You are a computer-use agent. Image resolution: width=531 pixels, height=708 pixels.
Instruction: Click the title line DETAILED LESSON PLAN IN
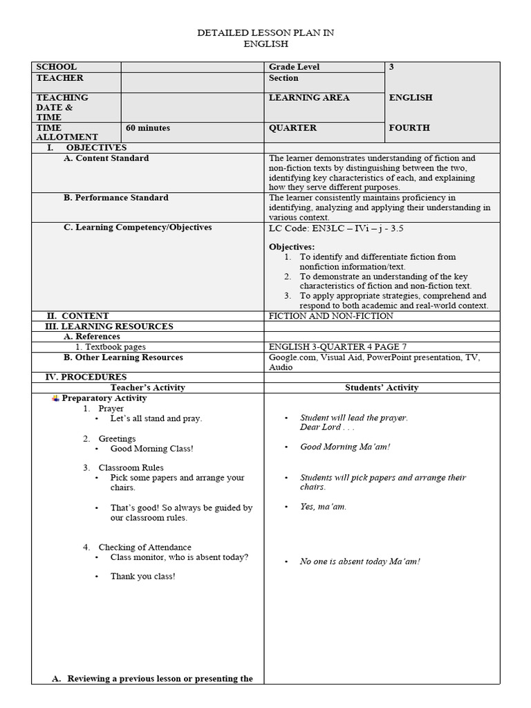click(265, 32)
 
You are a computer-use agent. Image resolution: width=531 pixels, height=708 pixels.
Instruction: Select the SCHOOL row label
click(57, 67)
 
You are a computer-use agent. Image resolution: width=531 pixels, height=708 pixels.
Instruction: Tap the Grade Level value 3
click(392, 67)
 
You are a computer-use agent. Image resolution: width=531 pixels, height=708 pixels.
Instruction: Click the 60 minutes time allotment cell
click(148, 128)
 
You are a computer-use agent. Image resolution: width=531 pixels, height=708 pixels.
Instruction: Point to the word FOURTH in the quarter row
click(409, 128)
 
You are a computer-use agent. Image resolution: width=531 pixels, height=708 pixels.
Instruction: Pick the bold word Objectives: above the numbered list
click(292, 247)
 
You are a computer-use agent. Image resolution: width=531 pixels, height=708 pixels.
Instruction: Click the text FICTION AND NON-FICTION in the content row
click(331, 316)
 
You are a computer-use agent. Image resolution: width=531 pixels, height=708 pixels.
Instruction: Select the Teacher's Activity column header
click(148, 388)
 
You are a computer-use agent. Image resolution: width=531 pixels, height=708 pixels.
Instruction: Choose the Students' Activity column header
click(382, 388)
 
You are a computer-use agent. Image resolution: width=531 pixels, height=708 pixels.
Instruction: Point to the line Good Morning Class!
click(152, 449)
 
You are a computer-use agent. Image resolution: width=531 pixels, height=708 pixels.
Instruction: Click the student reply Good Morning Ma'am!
click(345, 447)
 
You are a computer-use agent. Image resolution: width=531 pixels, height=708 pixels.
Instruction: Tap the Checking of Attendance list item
click(145, 548)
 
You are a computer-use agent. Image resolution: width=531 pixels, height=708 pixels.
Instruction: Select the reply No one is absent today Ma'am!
click(360, 561)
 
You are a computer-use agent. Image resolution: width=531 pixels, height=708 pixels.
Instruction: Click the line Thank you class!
click(143, 576)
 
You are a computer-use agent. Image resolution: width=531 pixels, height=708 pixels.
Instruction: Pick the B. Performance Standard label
click(116, 198)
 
